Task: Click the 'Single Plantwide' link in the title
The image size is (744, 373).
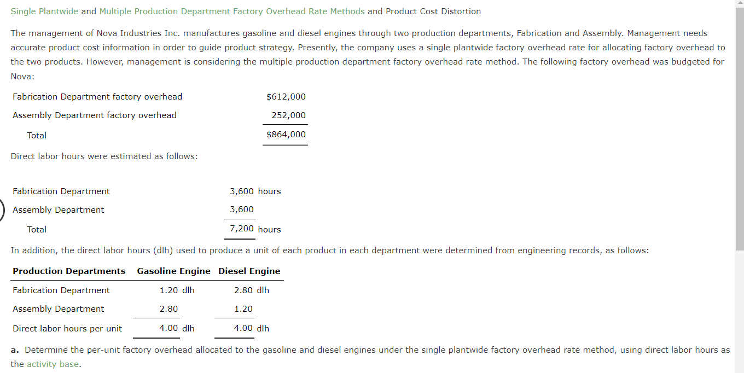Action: point(44,11)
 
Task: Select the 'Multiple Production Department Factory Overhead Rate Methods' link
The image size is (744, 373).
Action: point(232,11)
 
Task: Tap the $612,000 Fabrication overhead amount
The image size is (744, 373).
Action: point(286,97)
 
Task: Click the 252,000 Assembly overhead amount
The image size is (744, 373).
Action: point(288,115)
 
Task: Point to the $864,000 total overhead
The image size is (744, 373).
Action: point(286,135)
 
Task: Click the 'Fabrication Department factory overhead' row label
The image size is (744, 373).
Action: point(97,97)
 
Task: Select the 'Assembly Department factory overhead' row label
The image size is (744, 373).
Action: point(95,115)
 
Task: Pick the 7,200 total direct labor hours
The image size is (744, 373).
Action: point(242,229)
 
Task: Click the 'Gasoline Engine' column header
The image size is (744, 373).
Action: point(173,271)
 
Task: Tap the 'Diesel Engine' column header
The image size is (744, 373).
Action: point(249,271)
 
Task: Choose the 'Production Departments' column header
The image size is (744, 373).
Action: point(69,271)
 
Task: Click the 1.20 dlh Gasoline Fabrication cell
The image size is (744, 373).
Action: point(177,290)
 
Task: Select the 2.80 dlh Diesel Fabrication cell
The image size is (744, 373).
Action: point(251,290)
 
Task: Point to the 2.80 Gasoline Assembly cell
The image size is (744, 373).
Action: point(168,309)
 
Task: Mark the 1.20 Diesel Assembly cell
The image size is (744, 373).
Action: point(243,309)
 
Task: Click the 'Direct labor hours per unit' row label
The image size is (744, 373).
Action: point(67,329)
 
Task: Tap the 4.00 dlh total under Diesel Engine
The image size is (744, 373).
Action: point(251,328)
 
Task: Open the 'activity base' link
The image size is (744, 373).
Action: point(53,364)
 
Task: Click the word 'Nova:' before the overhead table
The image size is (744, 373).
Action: point(22,76)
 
